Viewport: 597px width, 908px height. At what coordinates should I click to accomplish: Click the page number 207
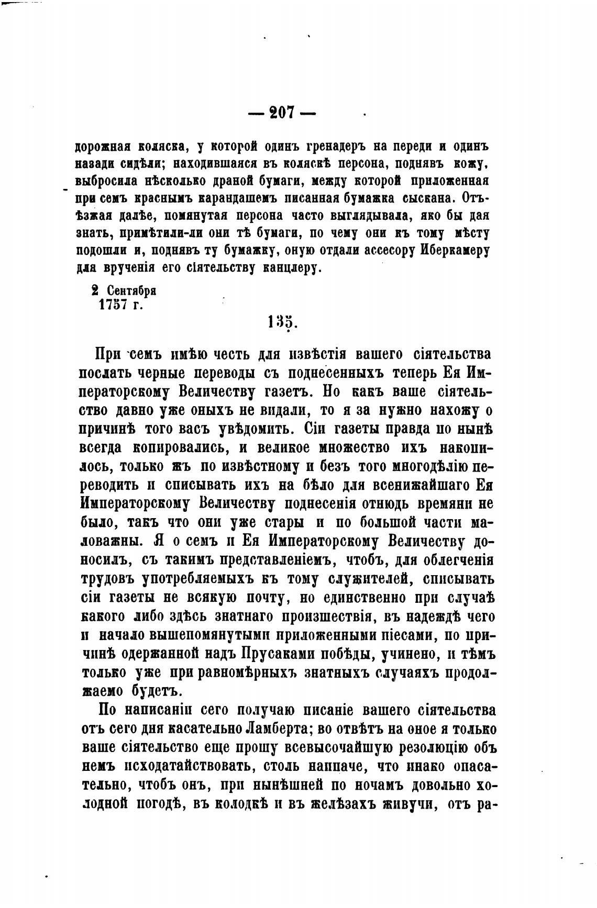[x=282, y=113]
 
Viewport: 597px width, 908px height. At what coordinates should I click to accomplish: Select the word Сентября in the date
[x=132, y=290]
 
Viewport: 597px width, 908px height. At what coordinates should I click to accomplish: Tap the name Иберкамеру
[x=455, y=250]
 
